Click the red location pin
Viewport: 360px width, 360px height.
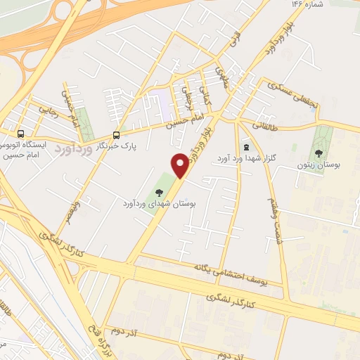180,165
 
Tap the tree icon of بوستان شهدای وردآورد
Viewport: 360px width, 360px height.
161,190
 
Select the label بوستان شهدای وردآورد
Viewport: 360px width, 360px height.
161,203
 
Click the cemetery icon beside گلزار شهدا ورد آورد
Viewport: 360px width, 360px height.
245,148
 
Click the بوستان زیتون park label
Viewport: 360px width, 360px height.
328,165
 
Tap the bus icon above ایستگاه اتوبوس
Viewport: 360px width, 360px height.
20,133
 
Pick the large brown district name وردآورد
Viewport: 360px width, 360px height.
73,150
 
